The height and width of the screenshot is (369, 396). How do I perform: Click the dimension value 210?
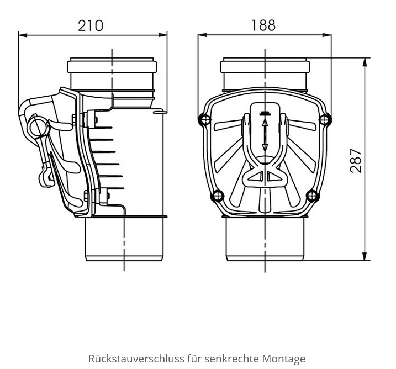[x=91, y=25]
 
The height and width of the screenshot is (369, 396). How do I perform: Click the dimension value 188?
[x=263, y=25]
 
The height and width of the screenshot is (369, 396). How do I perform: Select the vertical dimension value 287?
[x=356, y=161]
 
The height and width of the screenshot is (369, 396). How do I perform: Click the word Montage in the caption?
[x=284, y=359]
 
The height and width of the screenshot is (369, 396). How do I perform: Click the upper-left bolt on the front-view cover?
[x=204, y=119]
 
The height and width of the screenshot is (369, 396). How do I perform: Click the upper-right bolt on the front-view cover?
[x=325, y=119]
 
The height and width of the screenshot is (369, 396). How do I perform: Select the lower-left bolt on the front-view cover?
[x=217, y=196]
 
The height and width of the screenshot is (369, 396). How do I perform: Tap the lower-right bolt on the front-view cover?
[x=313, y=196]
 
